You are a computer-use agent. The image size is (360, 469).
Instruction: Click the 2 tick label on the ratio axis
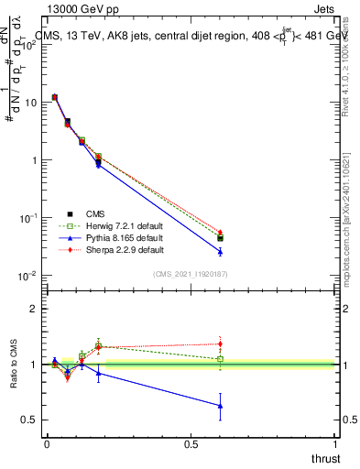(x=33, y=309)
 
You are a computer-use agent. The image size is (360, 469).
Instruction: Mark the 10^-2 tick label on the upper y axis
(x=27, y=276)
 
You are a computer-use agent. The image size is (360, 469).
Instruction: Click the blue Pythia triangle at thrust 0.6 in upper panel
(x=220, y=251)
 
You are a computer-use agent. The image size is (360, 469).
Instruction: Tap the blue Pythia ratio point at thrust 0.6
(x=220, y=406)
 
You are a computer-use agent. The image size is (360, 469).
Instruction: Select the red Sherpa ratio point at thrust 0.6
(x=220, y=344)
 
